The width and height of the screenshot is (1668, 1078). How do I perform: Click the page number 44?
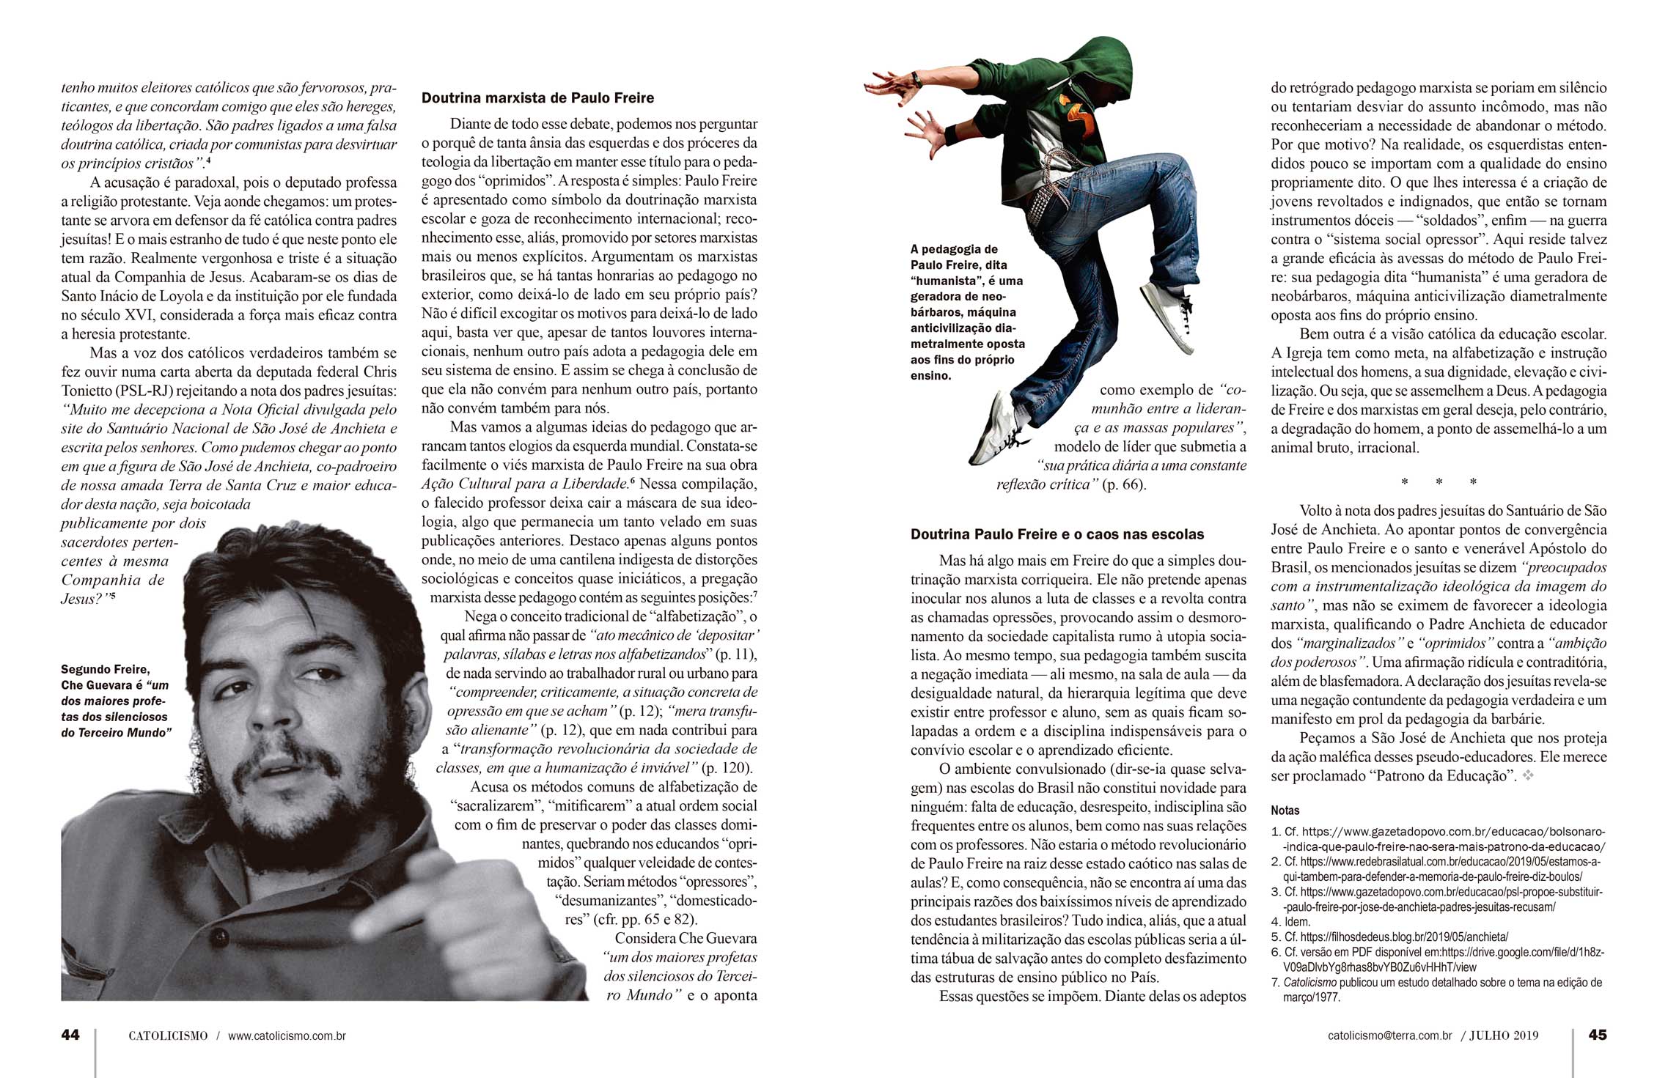(x=70, y=1035)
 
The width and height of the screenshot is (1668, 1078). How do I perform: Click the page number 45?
(x=1597, y=1035)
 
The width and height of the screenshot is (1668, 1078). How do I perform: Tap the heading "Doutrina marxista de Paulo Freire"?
(x=537, y=98)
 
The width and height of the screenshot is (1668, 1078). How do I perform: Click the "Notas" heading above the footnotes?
(x=1285, y=811)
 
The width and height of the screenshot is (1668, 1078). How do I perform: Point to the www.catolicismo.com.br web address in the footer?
(x=287, y=1035)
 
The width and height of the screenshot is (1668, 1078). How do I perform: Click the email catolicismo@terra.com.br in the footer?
(x=1389, y=1035)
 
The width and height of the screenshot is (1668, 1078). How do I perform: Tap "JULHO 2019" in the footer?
(x=1504, y=1035)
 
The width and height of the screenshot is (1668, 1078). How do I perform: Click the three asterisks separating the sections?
(x=1439, y=482)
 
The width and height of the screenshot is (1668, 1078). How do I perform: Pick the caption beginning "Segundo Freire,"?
(x=115, y=701)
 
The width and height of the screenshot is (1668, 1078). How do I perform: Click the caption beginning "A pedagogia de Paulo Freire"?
(x=966, y=312)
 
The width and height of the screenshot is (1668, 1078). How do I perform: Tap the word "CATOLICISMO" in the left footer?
(x=168, y=1035)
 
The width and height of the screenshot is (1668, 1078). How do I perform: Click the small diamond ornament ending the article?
(x=1528, y=775)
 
